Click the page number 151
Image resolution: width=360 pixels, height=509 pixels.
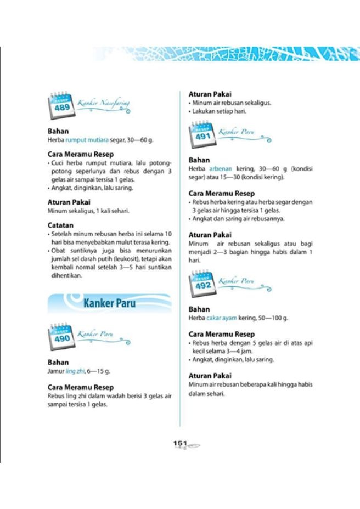tap(181, 443)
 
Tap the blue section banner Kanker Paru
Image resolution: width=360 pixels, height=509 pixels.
tap(110, 303)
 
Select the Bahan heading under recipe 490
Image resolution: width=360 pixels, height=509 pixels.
tap(58, 363)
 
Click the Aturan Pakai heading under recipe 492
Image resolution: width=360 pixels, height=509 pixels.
tap(210, 376)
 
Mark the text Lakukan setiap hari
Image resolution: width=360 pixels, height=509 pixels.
tap(219, 111)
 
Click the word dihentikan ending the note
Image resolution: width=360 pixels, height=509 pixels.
tap(65, 276)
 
